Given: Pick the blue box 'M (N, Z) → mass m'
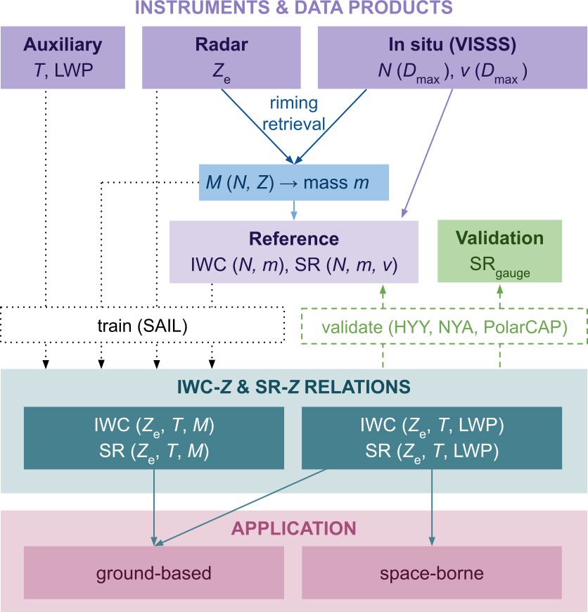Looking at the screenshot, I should click(293, 184).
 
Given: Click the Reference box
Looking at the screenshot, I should click(293, 252).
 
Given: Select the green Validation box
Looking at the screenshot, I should click(499, 251).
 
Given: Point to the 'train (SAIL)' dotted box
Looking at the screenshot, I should click(142, 326).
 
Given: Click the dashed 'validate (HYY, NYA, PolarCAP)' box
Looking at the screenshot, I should click(445, 326).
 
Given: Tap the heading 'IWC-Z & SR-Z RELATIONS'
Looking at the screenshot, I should click(293, 386).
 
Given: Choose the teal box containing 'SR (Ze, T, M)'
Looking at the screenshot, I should click(153, 437).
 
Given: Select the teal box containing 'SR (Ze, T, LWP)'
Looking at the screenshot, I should click(431, 437).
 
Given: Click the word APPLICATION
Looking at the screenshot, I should click(293, 528).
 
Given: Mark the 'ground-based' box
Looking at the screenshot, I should click(153, 573).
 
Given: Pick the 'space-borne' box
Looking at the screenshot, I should click(431, 573).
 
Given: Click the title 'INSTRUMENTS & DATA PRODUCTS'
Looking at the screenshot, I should click(293, 9).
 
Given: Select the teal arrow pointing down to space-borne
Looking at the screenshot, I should click(431, 506).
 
